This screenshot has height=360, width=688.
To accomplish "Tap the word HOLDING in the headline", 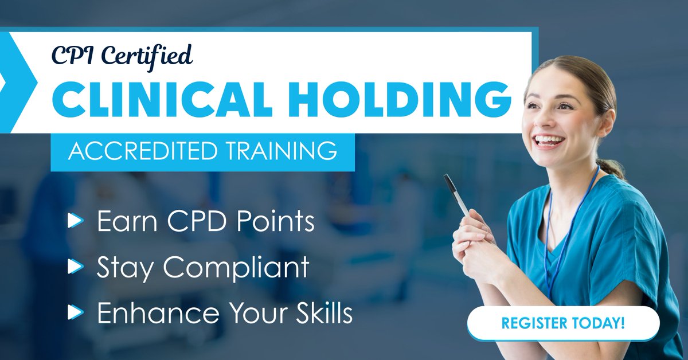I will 399,99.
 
